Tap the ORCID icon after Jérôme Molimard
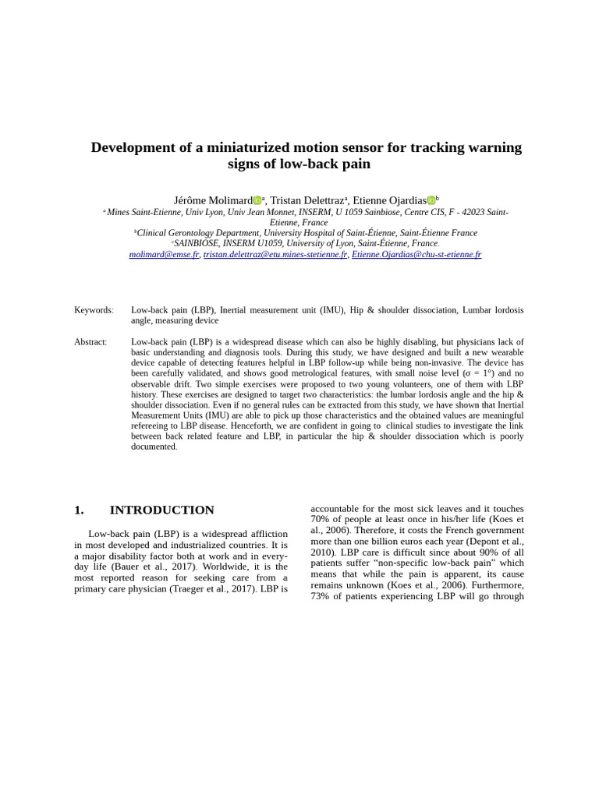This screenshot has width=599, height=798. click(x=257, y=201)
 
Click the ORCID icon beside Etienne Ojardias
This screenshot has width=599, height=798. click(x=431, y=201)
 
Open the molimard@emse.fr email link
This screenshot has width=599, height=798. click(x=164, y=255)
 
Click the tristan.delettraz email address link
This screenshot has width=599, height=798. click(x=275, y=255)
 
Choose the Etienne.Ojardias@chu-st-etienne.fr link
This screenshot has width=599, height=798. click(x=416, y=255)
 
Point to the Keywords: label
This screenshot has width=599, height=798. click(x=94, y=310)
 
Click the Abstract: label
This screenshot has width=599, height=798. click(x=90, y=342)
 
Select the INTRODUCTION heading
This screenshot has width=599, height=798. click(x=161, y=510)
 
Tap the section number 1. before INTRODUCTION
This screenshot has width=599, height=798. click(x=79, y=510)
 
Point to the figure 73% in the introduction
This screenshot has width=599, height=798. click(x=321, y=596)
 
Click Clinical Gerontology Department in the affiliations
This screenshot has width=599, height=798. click(x=198, y=233)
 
